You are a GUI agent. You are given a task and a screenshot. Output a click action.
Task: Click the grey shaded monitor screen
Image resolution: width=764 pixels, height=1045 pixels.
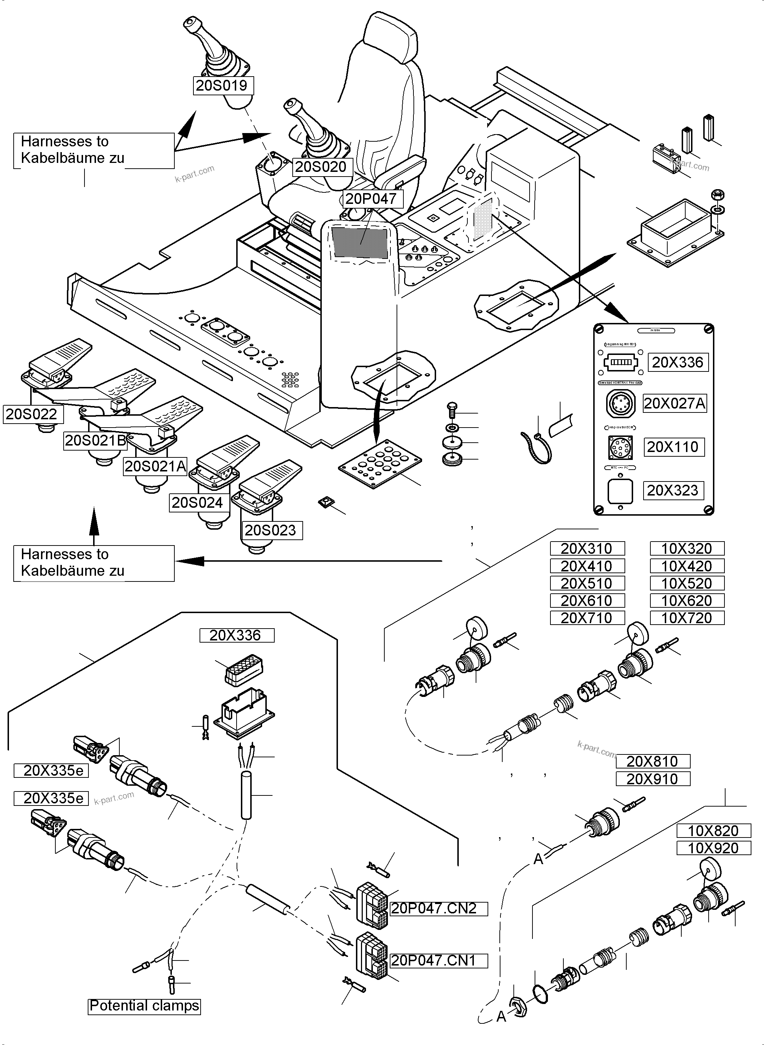[359, 243]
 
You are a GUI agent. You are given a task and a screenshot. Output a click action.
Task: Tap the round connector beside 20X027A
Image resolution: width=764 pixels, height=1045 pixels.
[620, 403]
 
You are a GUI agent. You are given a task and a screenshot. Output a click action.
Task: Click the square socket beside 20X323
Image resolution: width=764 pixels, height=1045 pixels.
[620, 491]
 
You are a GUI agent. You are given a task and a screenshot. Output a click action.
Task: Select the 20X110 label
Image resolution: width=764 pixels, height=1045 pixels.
[674, 447]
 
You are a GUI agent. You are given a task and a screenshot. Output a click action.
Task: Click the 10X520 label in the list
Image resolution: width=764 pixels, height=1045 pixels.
[687, 583]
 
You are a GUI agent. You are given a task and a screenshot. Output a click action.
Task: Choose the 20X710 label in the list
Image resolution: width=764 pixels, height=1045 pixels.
[587, 618]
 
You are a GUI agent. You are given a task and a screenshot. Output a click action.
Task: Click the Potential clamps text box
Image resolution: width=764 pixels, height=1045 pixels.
[144, 1006]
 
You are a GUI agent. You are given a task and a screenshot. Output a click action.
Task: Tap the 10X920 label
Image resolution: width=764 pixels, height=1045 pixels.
[713, 848]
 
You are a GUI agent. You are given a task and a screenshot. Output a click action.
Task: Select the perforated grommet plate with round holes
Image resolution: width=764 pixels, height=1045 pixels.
[380, 462]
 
